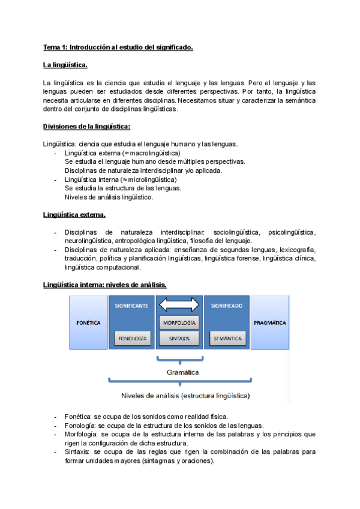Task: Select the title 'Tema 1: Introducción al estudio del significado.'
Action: click(118, 47)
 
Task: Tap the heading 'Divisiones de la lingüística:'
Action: click(87, 127)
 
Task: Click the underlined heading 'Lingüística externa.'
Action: click(74, 215)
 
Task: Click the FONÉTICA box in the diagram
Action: click(88, 323)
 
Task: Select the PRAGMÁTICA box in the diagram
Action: click(270, 323)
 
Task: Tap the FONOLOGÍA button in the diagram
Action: click(131, 339)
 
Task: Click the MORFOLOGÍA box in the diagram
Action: click(179, 323)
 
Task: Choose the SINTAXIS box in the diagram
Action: click(179, 339)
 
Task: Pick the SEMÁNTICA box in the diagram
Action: click(227, 339)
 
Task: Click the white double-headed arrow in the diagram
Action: click(179, 306)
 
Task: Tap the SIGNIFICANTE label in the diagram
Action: click(131, 306)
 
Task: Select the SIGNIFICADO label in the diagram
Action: click(227, 306)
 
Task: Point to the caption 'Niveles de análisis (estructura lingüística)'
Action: click(185, 396)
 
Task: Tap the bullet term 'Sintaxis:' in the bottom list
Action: click(78, 451)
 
